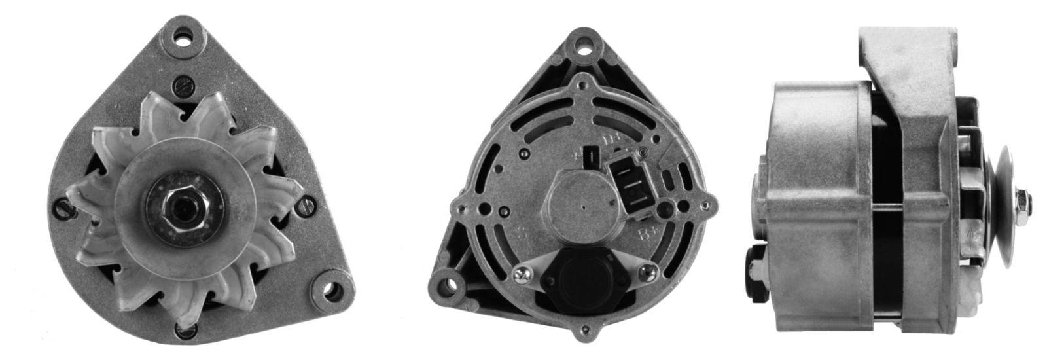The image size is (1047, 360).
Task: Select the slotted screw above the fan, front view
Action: (x=183, y=86)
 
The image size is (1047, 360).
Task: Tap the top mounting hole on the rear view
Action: (x=581, y=46)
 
